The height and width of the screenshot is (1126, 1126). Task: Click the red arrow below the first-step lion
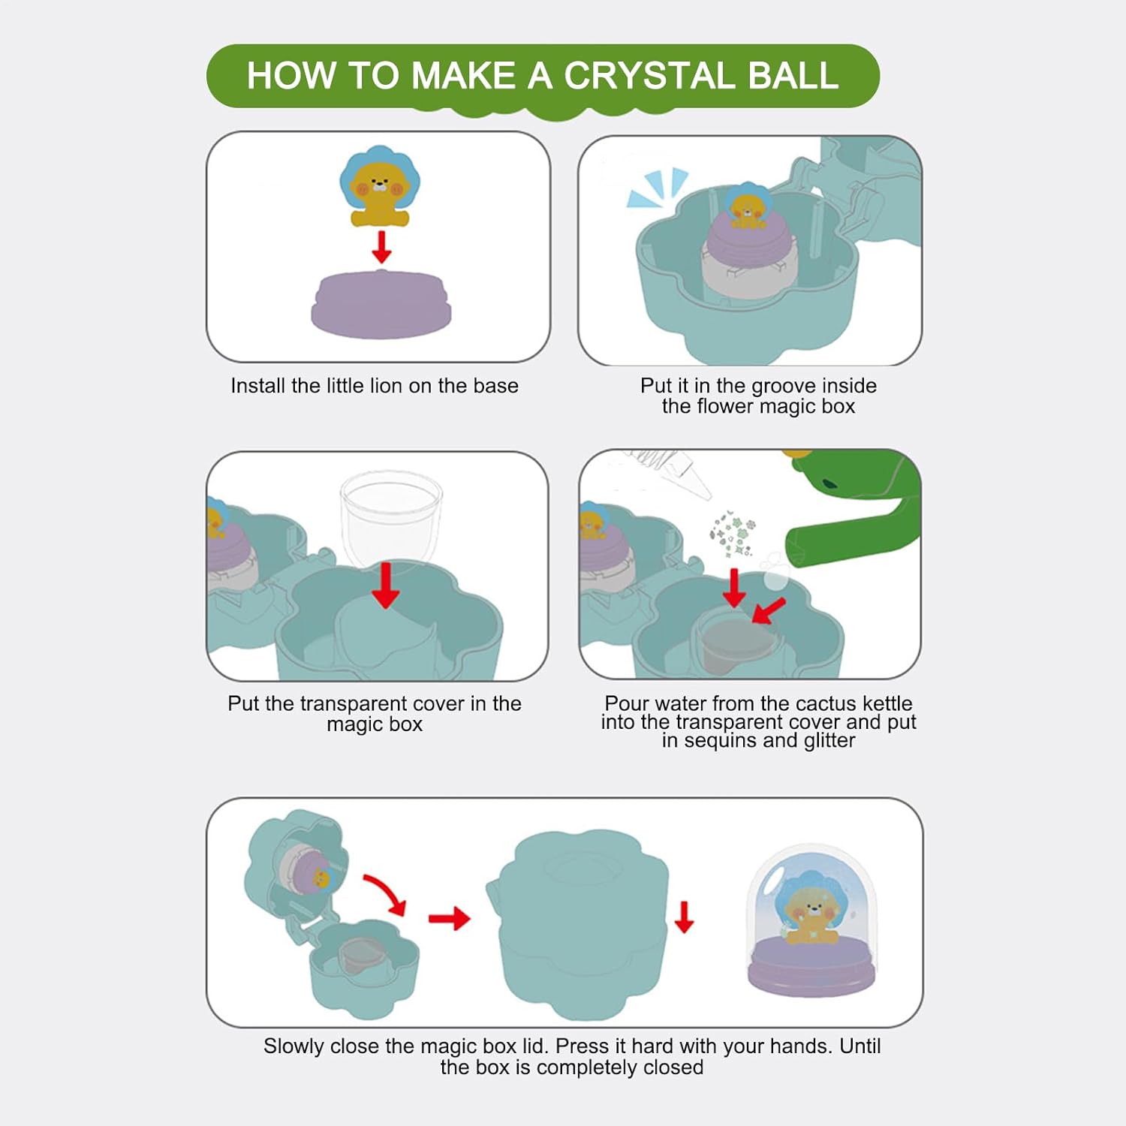(x=382, y=247)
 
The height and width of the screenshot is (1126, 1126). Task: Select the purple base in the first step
(x=381, y=304)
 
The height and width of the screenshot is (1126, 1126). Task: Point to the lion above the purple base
(x=380, y=187)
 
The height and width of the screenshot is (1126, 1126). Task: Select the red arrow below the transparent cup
(x=386, y=586)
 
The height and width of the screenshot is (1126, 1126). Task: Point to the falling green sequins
(x=733, y=534)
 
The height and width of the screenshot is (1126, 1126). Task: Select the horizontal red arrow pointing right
(x=449, y=918)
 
